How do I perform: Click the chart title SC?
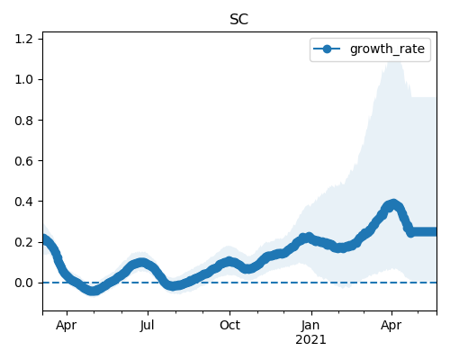coord(239,20)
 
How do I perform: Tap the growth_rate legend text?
coord(387,49)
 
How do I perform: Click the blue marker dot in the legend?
coord(327,49)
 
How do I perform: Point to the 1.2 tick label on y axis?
coord(23,39)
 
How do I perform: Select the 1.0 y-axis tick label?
coord(23,79)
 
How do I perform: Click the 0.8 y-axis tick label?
coord(23,121)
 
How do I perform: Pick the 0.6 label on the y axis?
coord(23,161)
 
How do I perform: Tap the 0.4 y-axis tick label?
coord(23,202)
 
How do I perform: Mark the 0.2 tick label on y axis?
coord(23,242)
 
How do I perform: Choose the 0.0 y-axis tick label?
coord(23,283)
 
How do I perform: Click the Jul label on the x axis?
coord(148,325)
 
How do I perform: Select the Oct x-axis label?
coord(229,325)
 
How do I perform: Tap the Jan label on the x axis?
coord(310,325)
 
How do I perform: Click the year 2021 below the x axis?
coord(310,340)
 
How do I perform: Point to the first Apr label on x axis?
coord(67,326)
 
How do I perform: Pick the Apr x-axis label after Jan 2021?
coord(391,326)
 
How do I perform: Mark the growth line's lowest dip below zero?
coord(93,291)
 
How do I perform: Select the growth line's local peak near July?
coord(141,263)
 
